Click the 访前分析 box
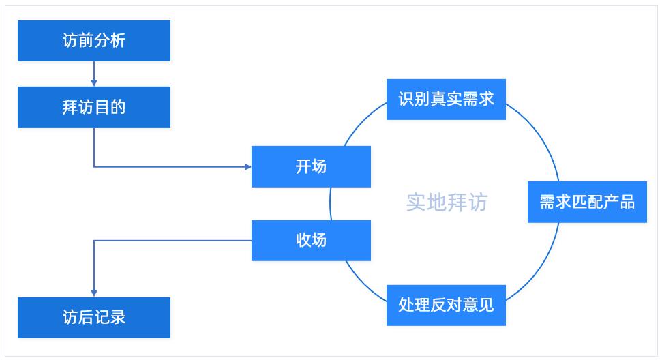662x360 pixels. tap(94, 41)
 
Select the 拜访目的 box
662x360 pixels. tap(94, 107)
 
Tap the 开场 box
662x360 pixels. tap(311, 166)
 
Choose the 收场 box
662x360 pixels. tap(311, 240)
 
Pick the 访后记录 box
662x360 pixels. tap(94, 318)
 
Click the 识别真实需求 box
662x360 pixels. tap(446, 100)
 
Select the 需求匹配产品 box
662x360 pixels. tap(587, 202)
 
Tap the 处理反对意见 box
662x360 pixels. tap(446, 305)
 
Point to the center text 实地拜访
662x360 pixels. tap(447, 202)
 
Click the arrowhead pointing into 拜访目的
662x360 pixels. tap(94, 82)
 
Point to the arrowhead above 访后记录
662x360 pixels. tap(94, 292)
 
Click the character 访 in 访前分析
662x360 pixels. tap(70, 41)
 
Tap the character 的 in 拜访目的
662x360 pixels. tap(118, 107)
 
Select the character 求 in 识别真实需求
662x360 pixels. tap(485, 100)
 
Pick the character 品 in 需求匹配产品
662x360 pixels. tap(627, 202)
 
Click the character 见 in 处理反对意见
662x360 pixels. tap(485, 305)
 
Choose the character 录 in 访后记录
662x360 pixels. tap(118, 318)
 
